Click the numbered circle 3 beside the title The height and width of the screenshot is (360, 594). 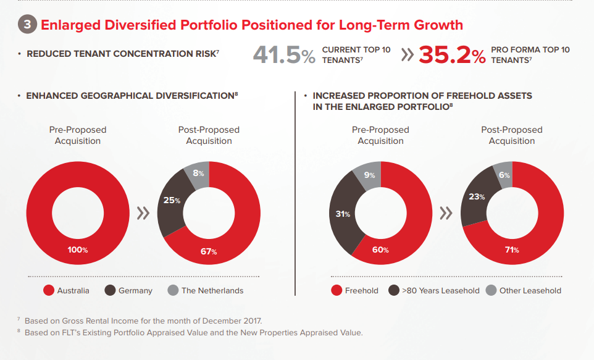click(27, 25)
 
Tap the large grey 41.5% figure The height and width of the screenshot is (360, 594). click(284, 56)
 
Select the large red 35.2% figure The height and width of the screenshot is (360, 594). click(452, 56)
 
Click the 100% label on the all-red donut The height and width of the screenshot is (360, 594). click(78, 250)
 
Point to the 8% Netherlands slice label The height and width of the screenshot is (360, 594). click(199, 174)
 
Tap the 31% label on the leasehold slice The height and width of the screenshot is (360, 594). click(343, 214)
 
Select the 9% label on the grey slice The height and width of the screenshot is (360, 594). click(370, 175)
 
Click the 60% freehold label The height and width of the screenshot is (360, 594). click(380, 250)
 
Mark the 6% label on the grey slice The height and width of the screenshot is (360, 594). click(504, 175)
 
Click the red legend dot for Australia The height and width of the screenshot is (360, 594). click(48, 290)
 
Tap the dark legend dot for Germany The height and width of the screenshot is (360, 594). click(110, 290)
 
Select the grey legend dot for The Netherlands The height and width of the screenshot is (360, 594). click(173, 290)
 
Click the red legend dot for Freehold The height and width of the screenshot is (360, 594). click(337, 290)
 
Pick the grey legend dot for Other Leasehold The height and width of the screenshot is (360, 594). click(491, 290)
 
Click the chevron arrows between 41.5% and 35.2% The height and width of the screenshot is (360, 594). click(406, 55)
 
